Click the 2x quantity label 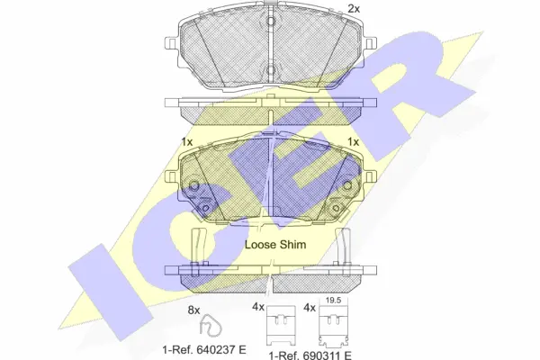pyautogui.click(x=354, y=9)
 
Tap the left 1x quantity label pyautogui.click(x=187, y=141)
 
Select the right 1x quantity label pyautogui.click(x=354, y=141)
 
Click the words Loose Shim pyautogui.click(x=275, y=245)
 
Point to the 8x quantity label pyautogui.click(x=193, y=310)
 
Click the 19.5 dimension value pyautogui.click(x=333, y=301)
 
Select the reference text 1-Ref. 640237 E pyautogui.click(x=204, y=350)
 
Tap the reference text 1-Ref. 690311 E pyautogui.click(x=310, y=355)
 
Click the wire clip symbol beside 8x pyautogui.click(x=210, y=326)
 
